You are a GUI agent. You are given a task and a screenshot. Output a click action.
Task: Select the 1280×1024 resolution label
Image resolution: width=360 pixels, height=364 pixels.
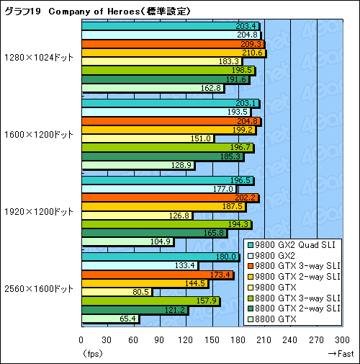click(38, 57)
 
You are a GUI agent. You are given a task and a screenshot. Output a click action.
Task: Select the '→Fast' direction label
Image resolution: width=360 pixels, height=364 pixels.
click(339, 354)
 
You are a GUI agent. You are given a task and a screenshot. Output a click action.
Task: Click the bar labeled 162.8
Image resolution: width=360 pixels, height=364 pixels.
click(153, 88)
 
